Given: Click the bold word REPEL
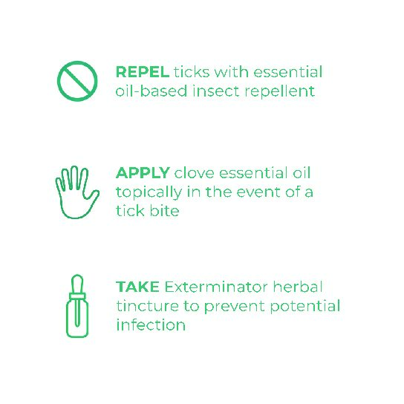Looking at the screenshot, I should click(x=142, y=73).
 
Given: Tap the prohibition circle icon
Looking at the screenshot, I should click(x=77, y=81).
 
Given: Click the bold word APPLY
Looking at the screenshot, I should click(x=142, y=173).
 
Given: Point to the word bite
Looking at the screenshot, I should click(x=164, y=211).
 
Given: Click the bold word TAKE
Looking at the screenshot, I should click(x=137, y=287).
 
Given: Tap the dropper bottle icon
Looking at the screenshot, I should click(x=76, y=305).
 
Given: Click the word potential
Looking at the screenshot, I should click(x=305, y=307).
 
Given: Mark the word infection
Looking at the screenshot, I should click(x=150, y=325).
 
